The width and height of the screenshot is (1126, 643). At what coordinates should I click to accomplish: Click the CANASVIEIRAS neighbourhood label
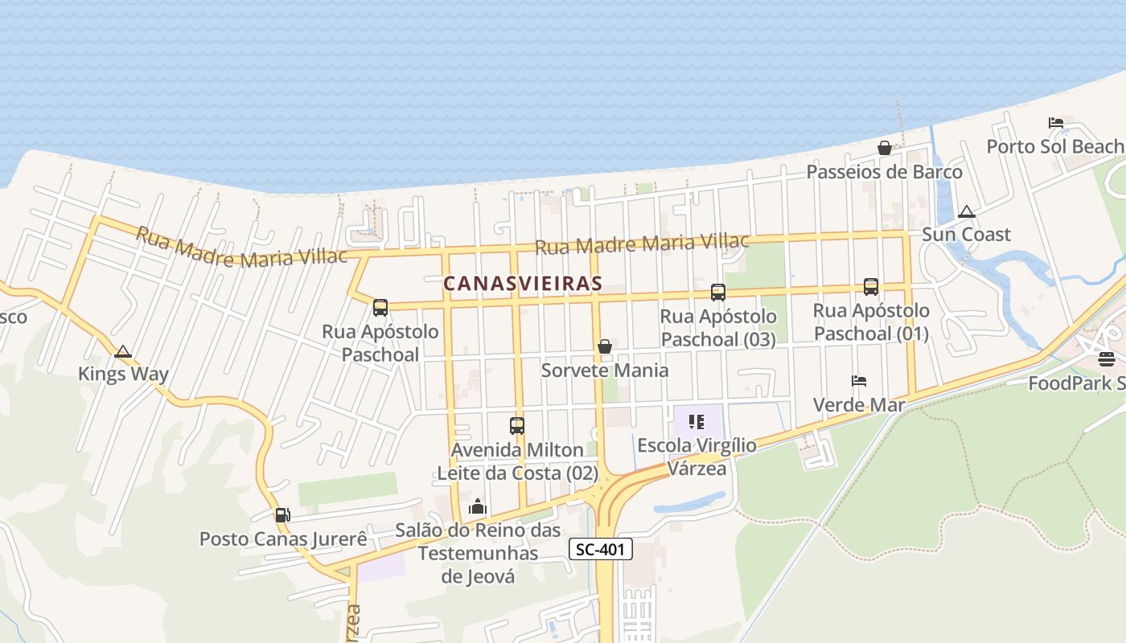[523, 284]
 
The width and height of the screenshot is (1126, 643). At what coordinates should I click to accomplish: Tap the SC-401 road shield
[601, 550]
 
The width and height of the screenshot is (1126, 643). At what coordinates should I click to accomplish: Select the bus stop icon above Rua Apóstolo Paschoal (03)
[718, 293]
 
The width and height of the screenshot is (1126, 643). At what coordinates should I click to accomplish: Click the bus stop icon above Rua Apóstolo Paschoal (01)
[871, 287]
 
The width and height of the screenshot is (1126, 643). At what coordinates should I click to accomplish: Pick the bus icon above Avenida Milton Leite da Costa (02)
[517, 426]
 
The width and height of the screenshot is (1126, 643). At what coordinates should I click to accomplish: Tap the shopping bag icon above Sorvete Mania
[605, 346]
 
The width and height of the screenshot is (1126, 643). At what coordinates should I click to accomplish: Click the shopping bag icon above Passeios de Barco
[884, 148]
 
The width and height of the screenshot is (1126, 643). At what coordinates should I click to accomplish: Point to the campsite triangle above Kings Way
[122, 351]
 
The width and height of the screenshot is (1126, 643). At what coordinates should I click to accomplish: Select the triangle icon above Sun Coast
[967, 212]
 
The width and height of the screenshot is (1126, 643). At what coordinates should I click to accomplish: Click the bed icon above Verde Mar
[859, 381]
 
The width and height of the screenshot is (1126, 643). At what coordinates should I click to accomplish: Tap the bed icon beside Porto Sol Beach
[1056, 123]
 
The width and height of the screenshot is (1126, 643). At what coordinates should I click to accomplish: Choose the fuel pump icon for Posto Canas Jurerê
[282, 515]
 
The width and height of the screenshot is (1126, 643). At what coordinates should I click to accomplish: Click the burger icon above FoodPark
[1106, 359]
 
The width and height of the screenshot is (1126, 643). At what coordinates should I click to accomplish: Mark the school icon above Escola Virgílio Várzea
[697, 421]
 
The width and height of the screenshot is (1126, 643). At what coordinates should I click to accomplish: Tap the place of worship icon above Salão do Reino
[478, 506]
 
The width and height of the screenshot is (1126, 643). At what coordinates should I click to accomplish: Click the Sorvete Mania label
[605, 371]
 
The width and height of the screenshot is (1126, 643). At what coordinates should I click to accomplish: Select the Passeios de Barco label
[884, 172]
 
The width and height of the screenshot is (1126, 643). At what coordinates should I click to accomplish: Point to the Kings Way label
[123, 374]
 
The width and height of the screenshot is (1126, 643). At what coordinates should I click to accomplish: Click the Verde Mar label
[859, 404]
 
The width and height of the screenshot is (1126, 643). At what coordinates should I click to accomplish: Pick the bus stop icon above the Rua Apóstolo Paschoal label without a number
[380, 307]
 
